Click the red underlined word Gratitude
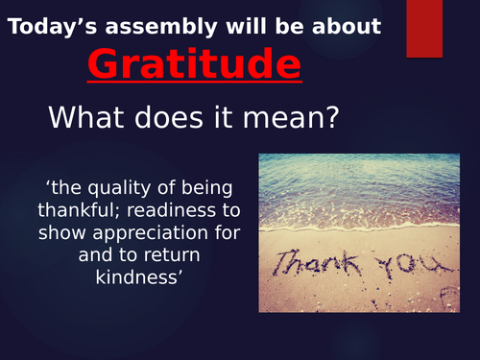194,65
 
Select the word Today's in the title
48,26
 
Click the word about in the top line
348,26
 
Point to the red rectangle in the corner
424,28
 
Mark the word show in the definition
60,231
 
